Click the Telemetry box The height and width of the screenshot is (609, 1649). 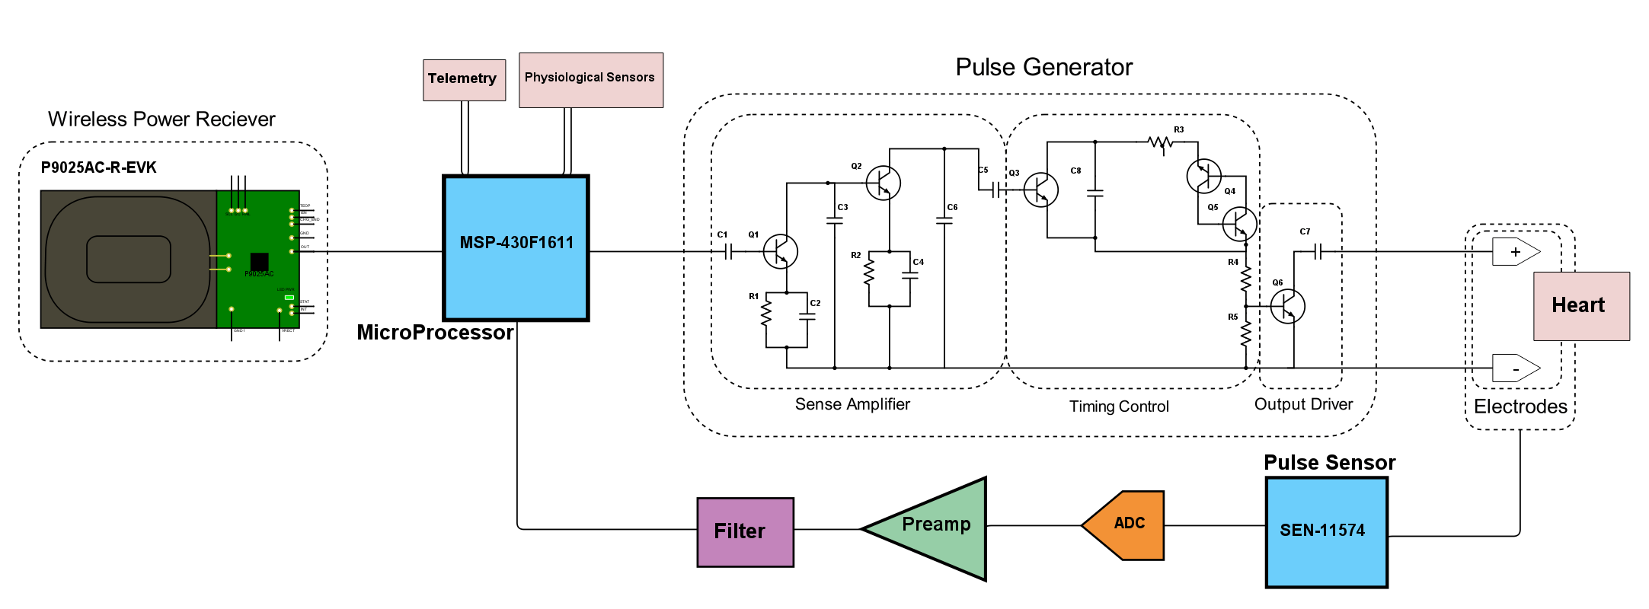tap(464, 80)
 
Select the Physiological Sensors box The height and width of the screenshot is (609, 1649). tap(590, 80)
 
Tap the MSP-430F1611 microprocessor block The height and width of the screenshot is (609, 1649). tap(516, 247)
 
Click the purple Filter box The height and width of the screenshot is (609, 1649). tap(745, 532)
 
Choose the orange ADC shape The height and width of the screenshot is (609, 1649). tap(1126, 525)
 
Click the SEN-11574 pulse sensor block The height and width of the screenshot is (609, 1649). tap(1325, 532)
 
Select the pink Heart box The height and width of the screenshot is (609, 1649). tap(1580, 306)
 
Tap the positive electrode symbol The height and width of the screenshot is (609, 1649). tap(1514, 251)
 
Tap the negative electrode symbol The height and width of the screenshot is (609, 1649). tap(1514, 368)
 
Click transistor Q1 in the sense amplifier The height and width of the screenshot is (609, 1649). tap(781, 251)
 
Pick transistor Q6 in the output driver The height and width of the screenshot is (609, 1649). tap(1288, 306)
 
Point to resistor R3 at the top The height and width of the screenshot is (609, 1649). tap(1160, 142)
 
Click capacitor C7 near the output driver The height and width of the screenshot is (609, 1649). tap(1318, 251)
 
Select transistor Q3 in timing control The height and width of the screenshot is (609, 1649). tap(1040, 190)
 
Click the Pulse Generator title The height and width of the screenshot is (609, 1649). tap(1043, 68)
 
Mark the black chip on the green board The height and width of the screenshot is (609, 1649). tap(259, 261)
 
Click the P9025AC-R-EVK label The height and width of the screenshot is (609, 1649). tap(99, 167)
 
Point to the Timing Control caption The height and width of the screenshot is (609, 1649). tap(1118, 407)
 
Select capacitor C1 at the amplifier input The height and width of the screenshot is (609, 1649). tap(728, 251)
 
